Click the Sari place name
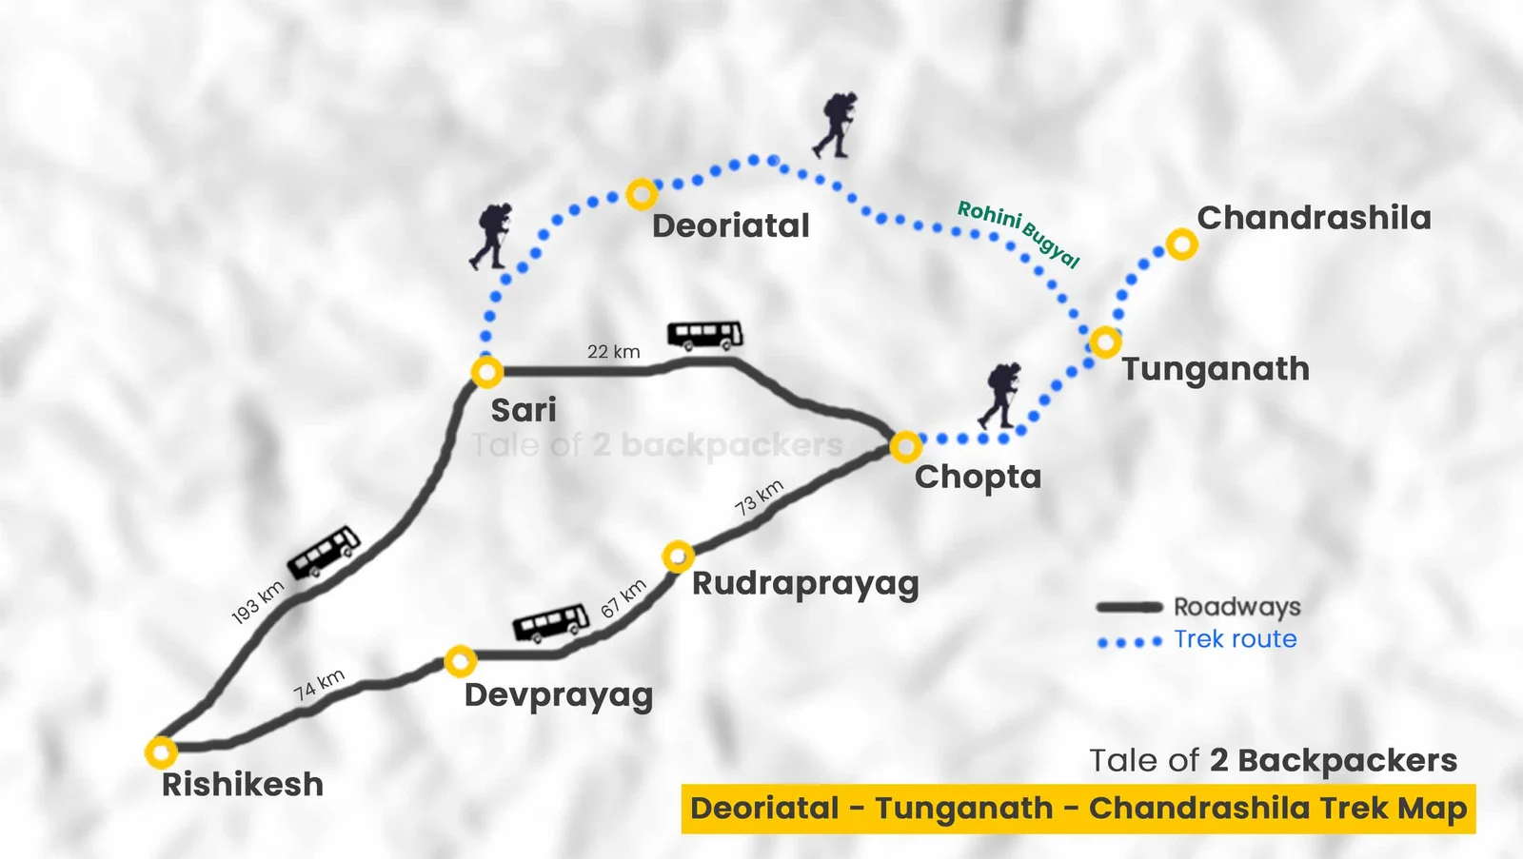(524, 410)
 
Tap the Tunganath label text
(1215, 370)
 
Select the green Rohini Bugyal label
(1019, 233)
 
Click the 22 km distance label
(613, 351)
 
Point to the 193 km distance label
(258, 602)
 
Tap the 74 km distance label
(319, 684)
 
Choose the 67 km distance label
(623, 598)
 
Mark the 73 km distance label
(759, 497)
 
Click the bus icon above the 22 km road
(705, 336)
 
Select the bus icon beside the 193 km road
(324, 551)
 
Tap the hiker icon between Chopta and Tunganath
(999, 395)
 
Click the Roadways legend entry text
(1236, 607)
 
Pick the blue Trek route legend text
(1236, 639)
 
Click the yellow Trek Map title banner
(1078, 809)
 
